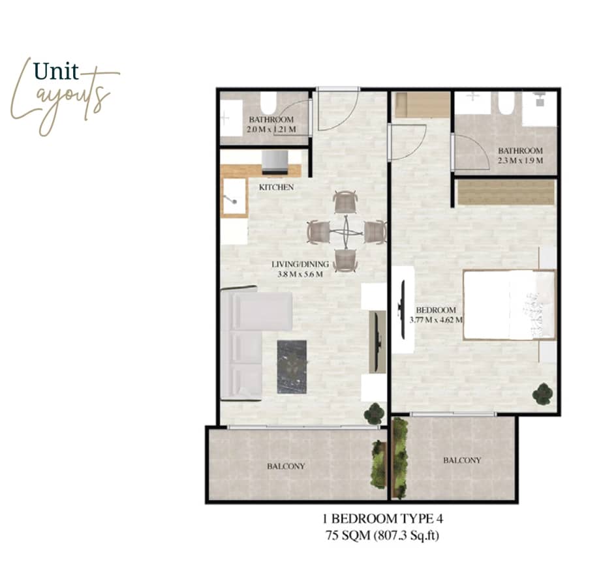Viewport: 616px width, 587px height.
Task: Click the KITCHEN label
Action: point(276,187)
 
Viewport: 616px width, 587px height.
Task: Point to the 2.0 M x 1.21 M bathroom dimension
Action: point(271,130)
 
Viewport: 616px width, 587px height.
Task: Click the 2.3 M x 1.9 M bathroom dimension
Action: point(519,160)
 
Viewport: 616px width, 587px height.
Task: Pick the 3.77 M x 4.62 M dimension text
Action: point(436,320)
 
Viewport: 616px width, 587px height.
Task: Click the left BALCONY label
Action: point(285,466)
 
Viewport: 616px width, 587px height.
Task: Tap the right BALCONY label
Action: point(462,460)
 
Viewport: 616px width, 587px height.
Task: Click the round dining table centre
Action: point(345,231)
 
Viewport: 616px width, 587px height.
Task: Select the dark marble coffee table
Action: point(292,367)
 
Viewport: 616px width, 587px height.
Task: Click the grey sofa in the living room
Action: point(248,344)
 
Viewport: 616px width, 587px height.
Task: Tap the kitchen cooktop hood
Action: point(275,162)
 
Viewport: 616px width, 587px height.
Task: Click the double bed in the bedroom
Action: point(509,305)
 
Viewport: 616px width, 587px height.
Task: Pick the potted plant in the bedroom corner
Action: point(542,393)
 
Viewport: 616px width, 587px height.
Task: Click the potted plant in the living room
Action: point(374,413)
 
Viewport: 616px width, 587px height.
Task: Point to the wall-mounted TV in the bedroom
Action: point(402,310)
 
